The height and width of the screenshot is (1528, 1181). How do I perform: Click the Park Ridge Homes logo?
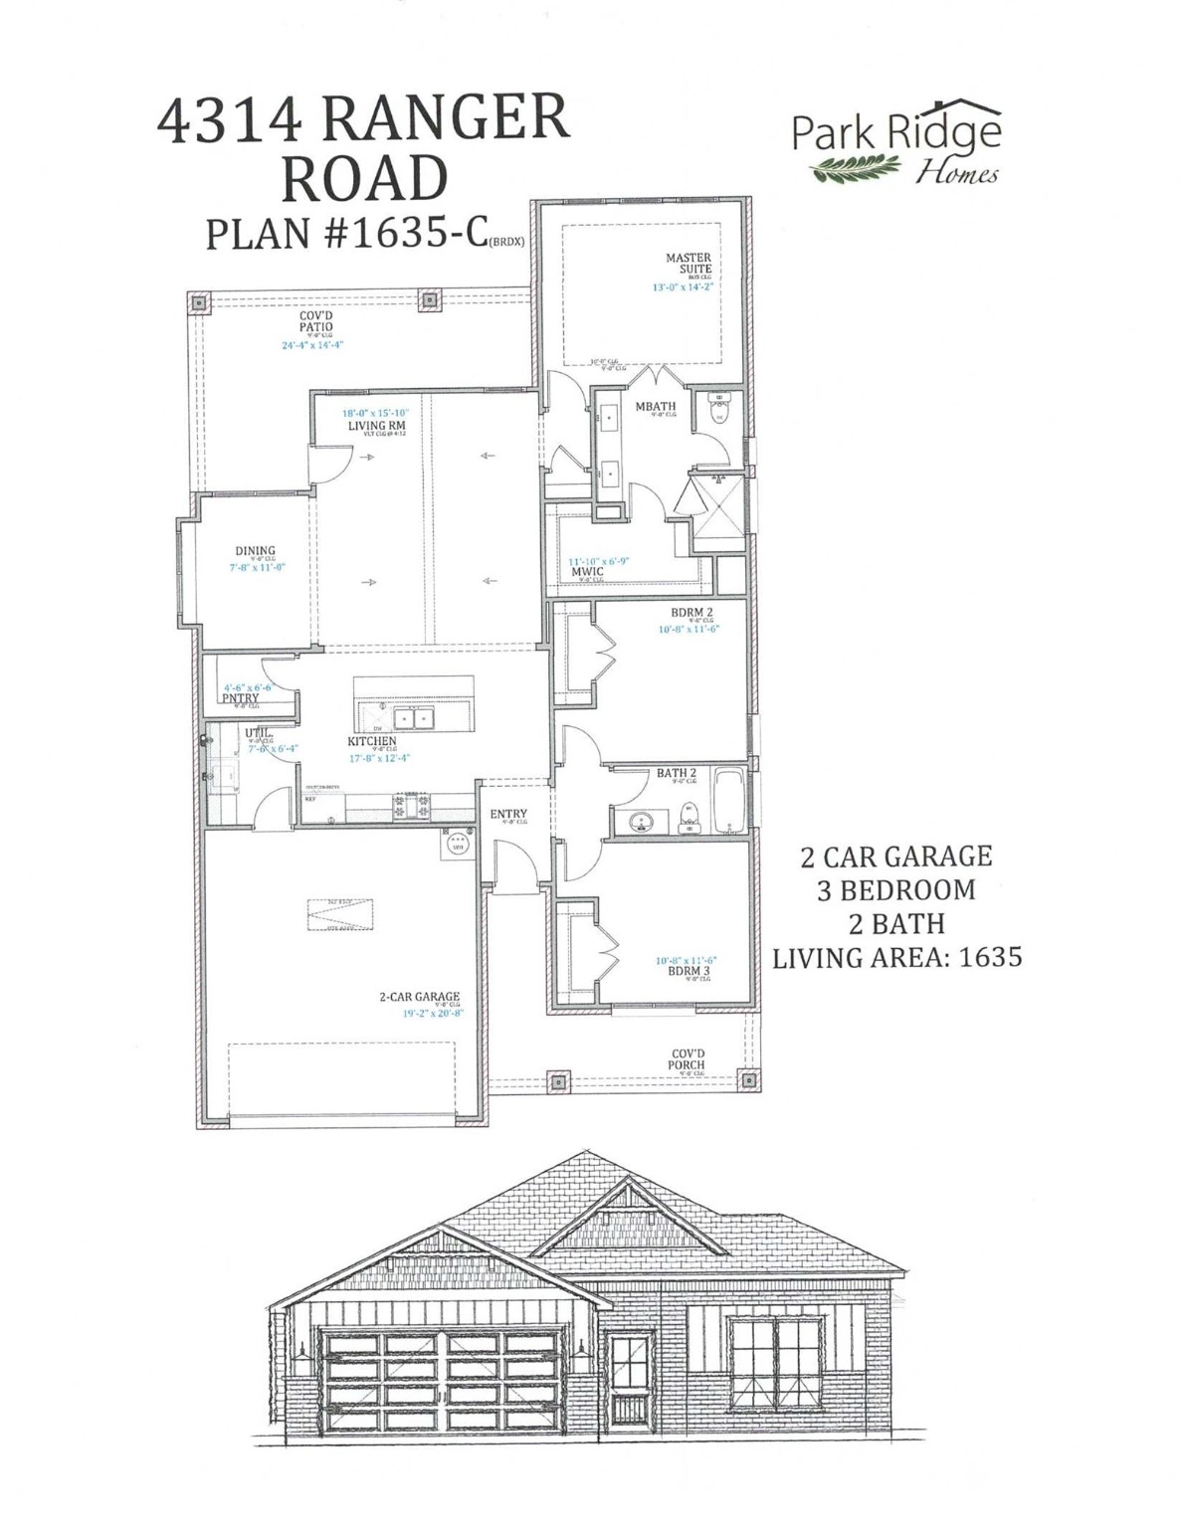click(896, 144)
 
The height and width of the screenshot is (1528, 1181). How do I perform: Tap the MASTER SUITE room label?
click(689, 264)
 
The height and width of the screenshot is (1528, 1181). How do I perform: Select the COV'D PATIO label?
click(316, 321)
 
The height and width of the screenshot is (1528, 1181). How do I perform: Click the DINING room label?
click(255, 550)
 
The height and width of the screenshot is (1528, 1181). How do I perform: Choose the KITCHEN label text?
click(372, 741)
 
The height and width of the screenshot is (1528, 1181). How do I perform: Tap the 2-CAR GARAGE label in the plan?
click(419, 997)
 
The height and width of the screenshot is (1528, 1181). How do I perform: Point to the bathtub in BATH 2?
click(728, 801)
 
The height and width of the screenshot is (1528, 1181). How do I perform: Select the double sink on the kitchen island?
click(406, 718)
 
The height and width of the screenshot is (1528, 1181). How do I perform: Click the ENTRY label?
click(508, 815)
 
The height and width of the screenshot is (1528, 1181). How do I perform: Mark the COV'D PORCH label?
click(687, 1058)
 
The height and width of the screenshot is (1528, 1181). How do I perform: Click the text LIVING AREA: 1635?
click(896, 957)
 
